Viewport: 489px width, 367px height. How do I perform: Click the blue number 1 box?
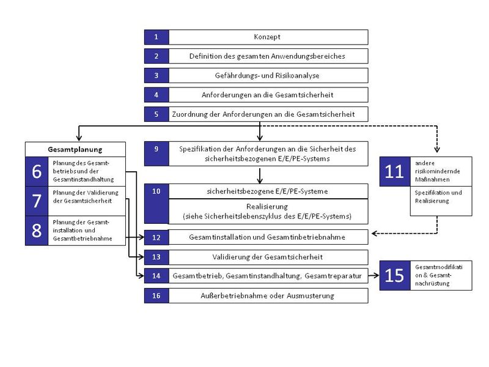[x=156, y=37]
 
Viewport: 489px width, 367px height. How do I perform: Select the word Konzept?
[x=267, y=37]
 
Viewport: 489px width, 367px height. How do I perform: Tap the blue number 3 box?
[x=156, y=75]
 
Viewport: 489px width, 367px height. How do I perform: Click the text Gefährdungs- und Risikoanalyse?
[x=267, y=75]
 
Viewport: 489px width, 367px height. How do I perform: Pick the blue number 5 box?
[x=156, y=114]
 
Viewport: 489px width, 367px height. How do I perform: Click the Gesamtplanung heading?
[x=75, y=149]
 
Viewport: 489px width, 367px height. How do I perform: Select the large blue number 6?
[x=37, y=171]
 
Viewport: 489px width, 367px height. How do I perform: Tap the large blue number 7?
[x=37, y=201]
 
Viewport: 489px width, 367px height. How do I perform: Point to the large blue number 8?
[x=37, y=231]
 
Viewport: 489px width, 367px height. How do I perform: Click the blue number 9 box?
[x=156, y=154]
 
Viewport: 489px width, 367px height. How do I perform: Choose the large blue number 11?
[x=395, y=172]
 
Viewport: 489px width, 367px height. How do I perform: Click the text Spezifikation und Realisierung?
[x=438, y=196]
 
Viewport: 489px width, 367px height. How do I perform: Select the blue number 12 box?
[x=156, y=237]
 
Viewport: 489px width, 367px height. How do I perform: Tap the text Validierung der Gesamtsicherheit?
[x=267, y=257]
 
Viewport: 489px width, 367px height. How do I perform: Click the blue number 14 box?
[x=156, y=276]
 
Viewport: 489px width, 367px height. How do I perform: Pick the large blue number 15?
[x=395, y=276]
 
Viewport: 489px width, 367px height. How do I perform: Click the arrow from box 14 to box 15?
[x=373, y=275]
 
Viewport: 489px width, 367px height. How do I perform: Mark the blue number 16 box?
[x=156, y=295]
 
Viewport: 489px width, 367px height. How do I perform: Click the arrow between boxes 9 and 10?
[x=259, y=176]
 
